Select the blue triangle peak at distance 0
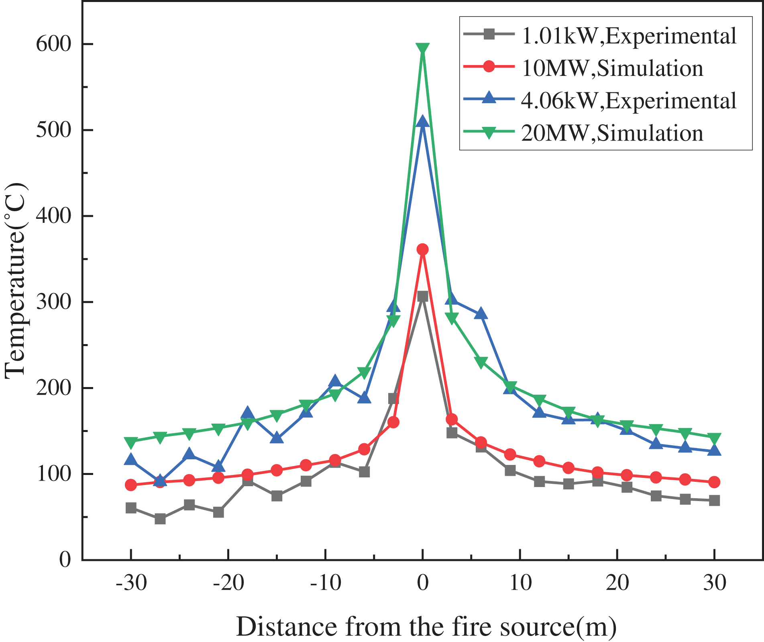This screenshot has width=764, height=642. coord(422,121)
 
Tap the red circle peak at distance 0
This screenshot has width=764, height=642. coord(422,249)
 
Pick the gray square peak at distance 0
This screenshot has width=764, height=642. coord(422,296)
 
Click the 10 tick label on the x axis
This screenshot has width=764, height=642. coord(520,583)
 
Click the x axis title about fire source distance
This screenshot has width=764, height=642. coord(426,626)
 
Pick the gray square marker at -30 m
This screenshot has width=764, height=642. coord(131,508)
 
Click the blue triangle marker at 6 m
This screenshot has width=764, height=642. coord(481,314)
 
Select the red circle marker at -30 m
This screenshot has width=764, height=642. coord(131,485)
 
